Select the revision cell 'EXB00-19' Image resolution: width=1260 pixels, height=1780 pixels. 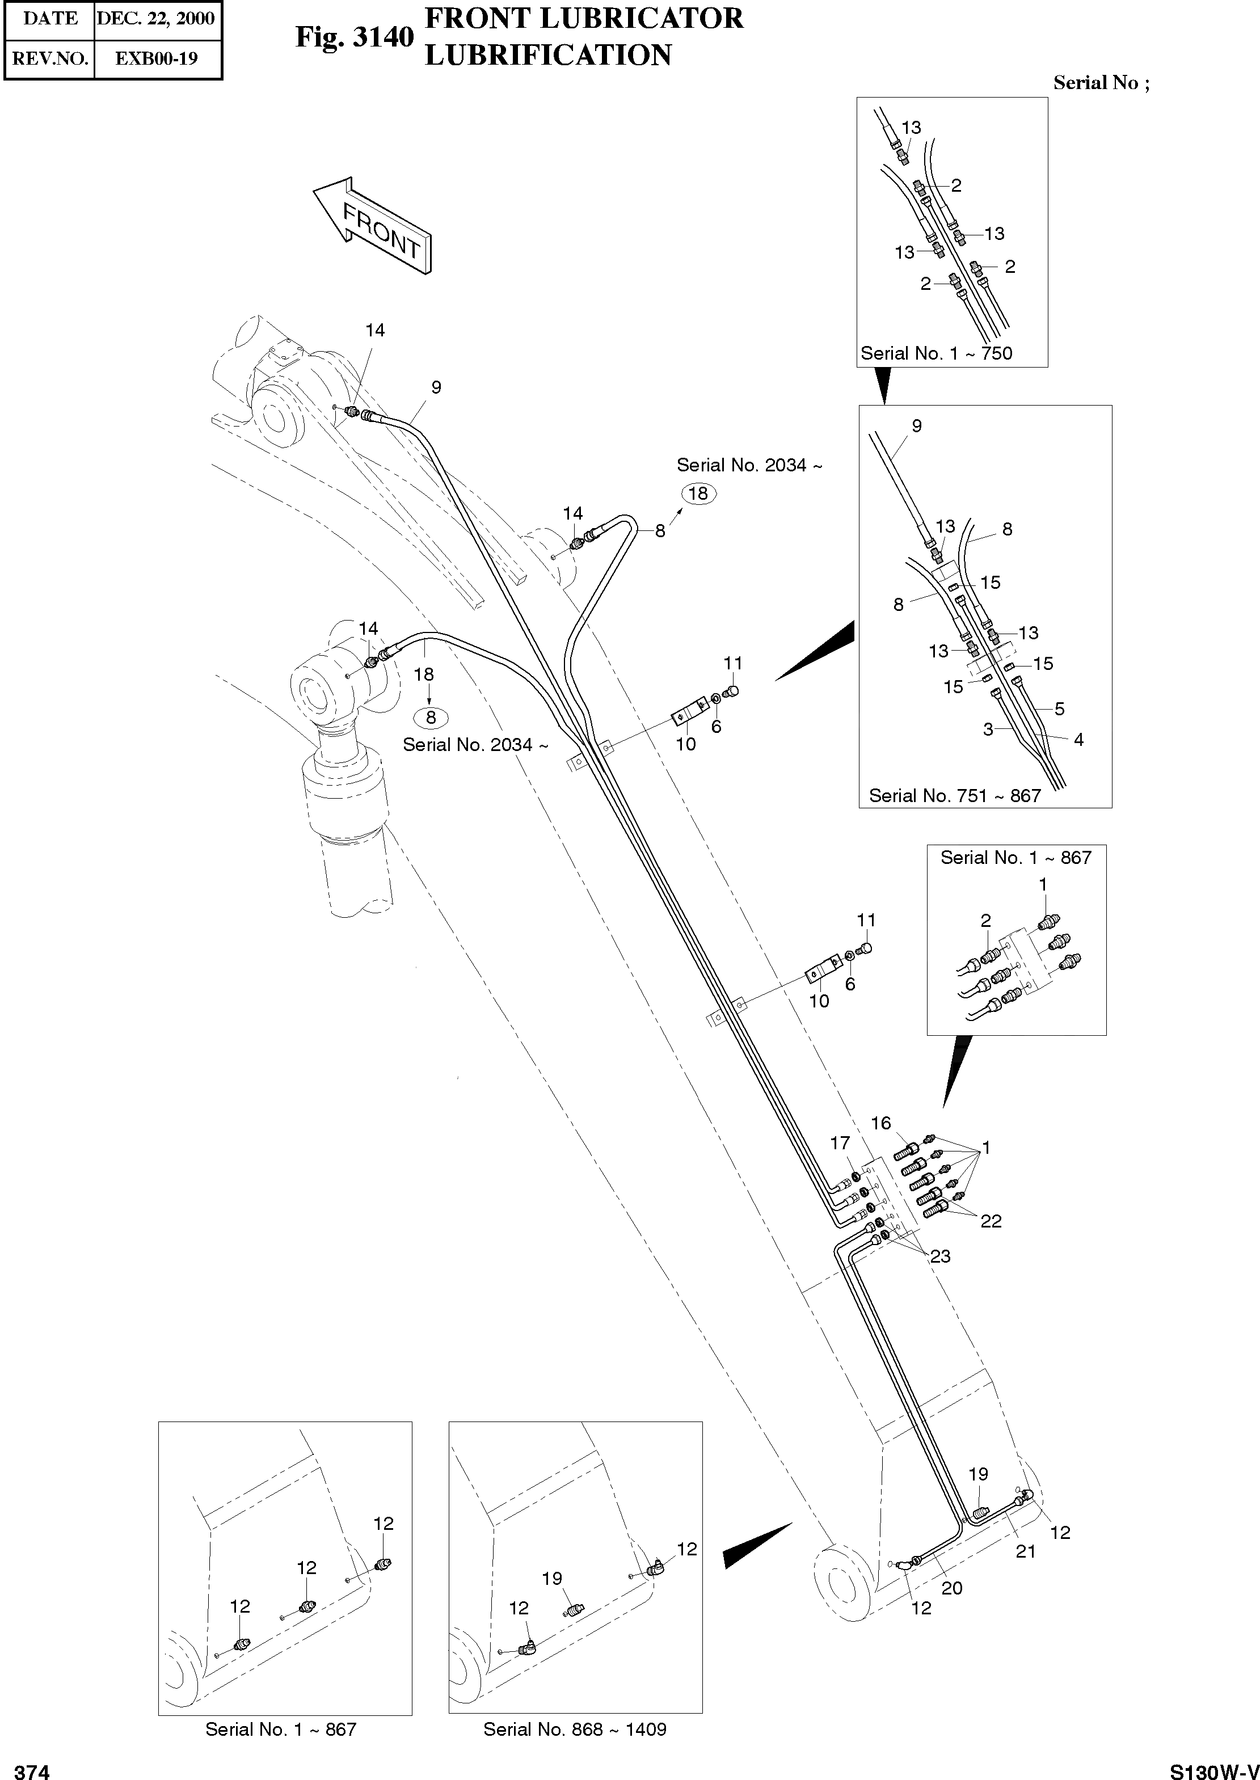coord(156,58)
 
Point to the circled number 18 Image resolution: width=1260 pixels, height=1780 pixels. coord(698,493)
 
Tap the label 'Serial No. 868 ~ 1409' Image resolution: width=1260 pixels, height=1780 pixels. coord(575,1729)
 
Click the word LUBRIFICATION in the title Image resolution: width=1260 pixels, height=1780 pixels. coord(548,55)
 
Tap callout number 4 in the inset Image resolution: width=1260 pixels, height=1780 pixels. coord(1078,740)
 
